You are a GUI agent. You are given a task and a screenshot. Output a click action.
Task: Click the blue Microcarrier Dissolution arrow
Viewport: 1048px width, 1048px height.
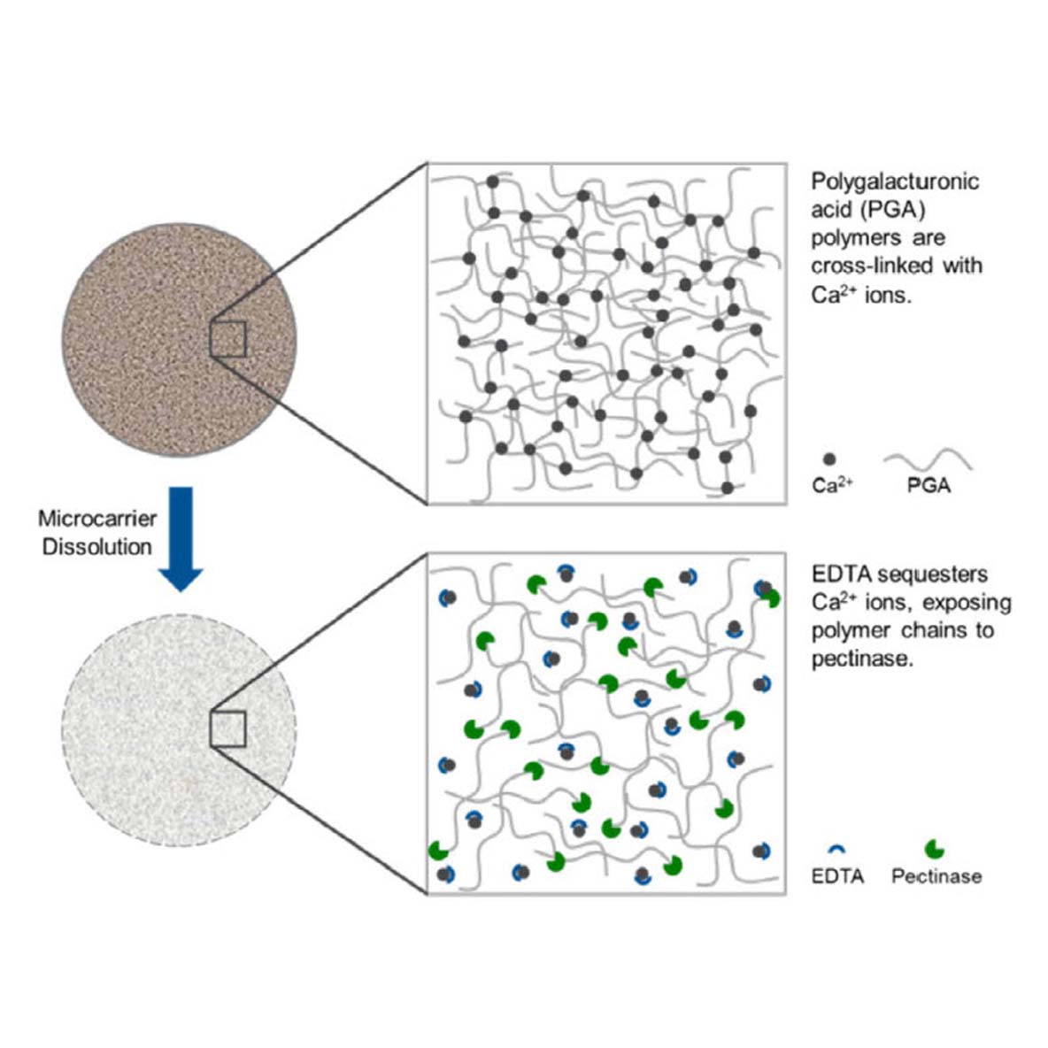(x=181, y=539)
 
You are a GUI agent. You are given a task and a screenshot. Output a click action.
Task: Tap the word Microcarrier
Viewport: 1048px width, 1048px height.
(x=97, y=519)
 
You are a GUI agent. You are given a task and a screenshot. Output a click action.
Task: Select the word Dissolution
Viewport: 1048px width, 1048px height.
(x=97, y=547)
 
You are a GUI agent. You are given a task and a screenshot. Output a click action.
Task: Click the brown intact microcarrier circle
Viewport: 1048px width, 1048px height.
(x=179, y=340)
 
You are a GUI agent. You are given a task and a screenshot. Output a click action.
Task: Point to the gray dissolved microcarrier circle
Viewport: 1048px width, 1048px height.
(x=179, y=730)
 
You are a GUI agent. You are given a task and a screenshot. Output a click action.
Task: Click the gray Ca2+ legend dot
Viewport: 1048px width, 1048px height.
(x=829, y=460)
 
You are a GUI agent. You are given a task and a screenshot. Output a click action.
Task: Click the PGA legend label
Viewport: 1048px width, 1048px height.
(x=929, y=485)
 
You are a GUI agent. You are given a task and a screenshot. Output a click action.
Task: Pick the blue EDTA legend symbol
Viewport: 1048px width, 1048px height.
(x=836, y=848)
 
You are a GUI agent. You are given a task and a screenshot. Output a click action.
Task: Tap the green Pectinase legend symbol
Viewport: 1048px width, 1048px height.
(x=935, y=850)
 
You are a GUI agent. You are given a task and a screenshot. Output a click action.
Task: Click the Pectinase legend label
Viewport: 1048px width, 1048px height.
(x=937, y=875)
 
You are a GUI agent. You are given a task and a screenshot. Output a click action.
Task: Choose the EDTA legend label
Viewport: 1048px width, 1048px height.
(x=837, y=875)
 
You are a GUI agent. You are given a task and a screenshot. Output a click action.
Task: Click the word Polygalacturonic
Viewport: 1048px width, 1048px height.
(x=895, y=182)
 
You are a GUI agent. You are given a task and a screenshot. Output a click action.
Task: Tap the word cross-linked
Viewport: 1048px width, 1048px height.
(x=873, y=266)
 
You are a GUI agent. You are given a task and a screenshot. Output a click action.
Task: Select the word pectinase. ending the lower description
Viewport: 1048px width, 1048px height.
(x=862, y=659)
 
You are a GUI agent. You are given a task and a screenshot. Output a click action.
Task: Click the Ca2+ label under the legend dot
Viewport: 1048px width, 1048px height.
(x=833, y=484)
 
